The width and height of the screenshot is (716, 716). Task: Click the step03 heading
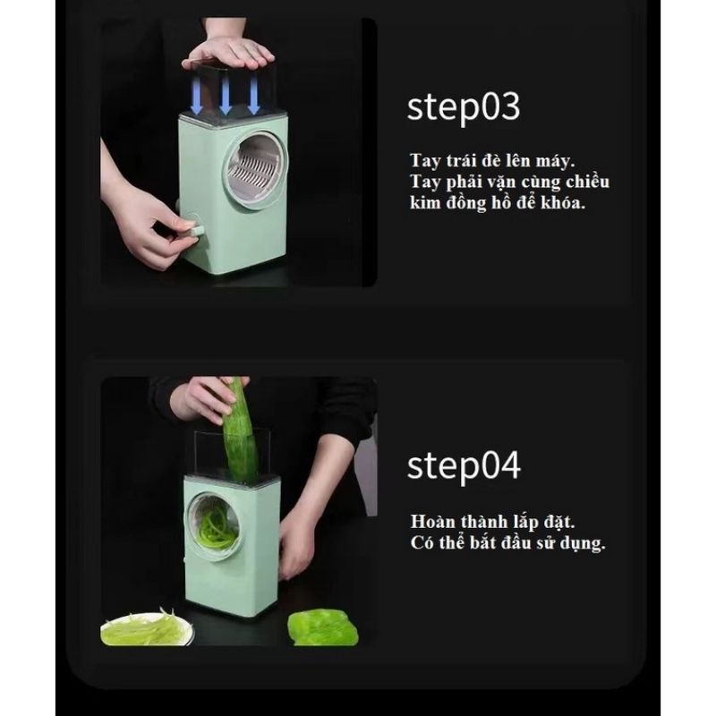click(464, 107)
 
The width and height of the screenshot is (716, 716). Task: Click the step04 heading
click(464, 466)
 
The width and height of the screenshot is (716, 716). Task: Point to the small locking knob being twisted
click(193, 229)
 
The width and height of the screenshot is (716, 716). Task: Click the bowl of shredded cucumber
click(147, 629)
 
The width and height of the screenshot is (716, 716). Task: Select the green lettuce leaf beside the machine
click(323, 628)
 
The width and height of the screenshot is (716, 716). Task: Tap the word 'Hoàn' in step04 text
click(433, 522)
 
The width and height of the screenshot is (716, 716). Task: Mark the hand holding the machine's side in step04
click(297, 543)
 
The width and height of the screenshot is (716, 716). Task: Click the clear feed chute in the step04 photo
click(232, 456)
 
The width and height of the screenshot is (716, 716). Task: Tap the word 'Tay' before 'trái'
click(425, 161)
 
